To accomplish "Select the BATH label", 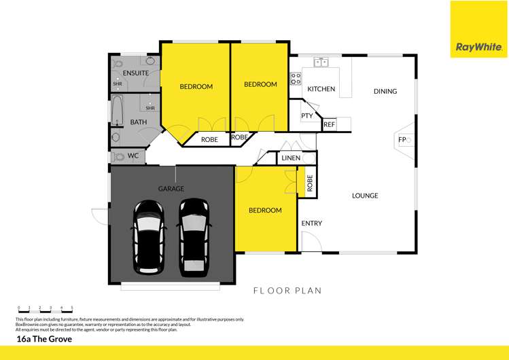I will pyautogui.click(x=138, y=122).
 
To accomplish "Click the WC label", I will pyautogui.click(x=133, y=156).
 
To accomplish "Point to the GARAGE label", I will pyautogui.click(x=171, y=189).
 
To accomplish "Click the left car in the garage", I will pyautogui.click(x=147, y=236).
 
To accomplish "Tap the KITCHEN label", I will pyautogui.click(x=321, y=89).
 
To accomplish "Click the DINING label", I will pyautogui.click(x=385, y=91).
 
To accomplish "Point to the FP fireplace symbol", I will pyautogui.click(x=402, y=141).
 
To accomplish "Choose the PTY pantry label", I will pyautogui.click(x=306, y=115).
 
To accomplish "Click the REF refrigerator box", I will pyautogui.click(x=329, y=124).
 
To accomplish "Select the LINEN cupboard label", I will pyautogui.click(x=290, y=158).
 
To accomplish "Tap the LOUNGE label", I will pyautogui.click(x=365, y=196).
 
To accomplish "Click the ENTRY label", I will pyautogui.click(x=311, y=223).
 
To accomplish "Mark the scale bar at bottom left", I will pyautogui.click(x=45, y=310).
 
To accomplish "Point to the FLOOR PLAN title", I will pyautogui.click(x=287, y=291).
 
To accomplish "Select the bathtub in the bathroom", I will pyautogui.click(x=117, y=113).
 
